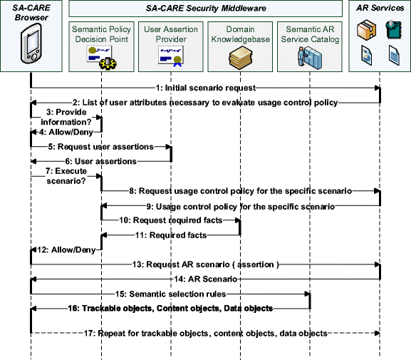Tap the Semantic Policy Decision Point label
tap(101, 34)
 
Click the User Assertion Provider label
tap(170, 34)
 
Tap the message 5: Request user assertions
tap(100, 147)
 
